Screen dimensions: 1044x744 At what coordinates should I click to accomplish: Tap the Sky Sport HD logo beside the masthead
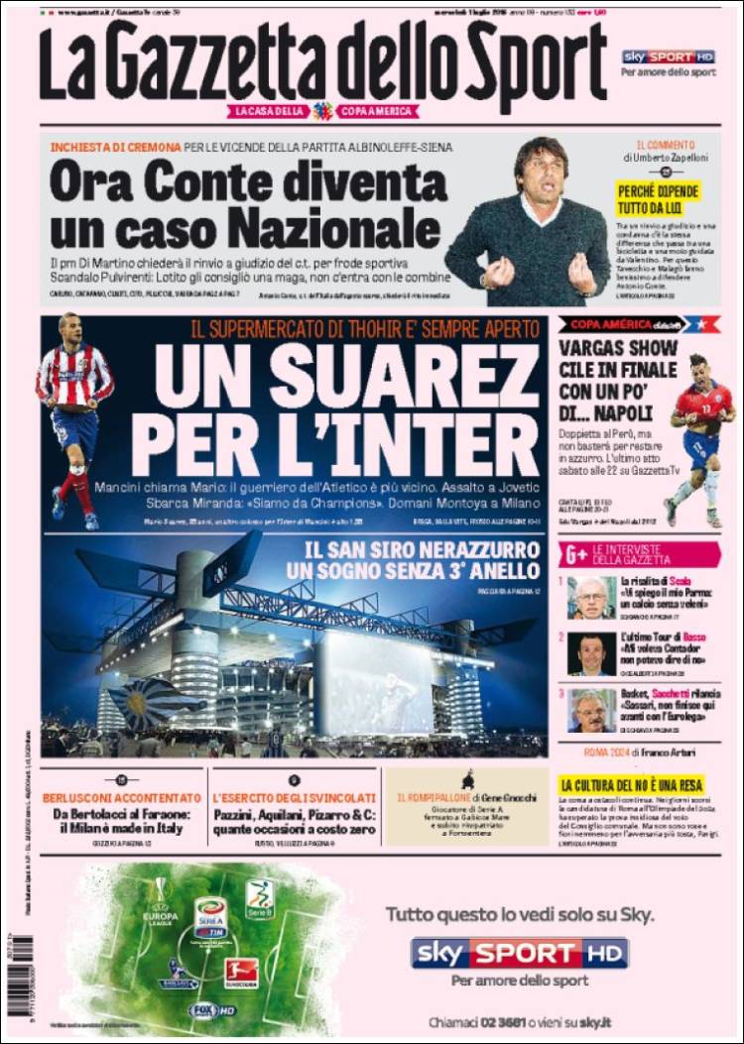click(668, 57)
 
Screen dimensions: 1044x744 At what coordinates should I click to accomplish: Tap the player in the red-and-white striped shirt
click(73, 406)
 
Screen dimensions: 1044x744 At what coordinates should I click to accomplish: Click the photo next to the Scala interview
click(591, 598)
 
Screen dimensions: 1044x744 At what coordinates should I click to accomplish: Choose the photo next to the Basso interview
click(591, 654)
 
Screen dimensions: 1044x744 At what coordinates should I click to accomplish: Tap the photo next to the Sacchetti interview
click(591, 710)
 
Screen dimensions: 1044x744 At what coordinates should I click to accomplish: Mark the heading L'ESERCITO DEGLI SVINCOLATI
click(294, 797)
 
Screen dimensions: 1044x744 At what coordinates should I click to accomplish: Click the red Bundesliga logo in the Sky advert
click(241, 972)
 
